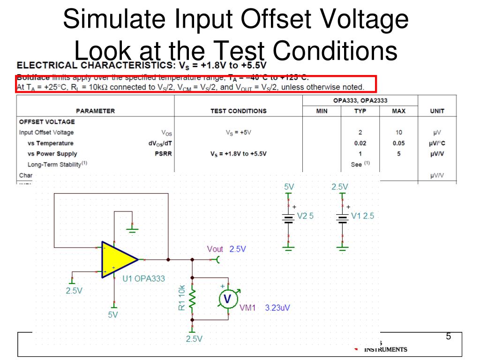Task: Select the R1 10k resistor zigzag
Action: [x=192, y=298]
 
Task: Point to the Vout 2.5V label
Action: [x=226, y=249]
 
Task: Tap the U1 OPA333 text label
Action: [x=143, y=278]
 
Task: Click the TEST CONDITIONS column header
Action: [x=239, y=111]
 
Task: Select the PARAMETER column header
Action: [x=95, y=111]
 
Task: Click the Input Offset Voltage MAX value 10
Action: [x=398, y=133]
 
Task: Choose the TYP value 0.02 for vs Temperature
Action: [x=360, y=143]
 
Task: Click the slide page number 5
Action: [x=449, y=337]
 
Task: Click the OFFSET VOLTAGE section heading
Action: [x=47, y=122]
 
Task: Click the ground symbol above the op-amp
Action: [x=133, y=230]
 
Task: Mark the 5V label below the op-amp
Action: [x=113, y=315]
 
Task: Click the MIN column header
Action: [x=322, y=111]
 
